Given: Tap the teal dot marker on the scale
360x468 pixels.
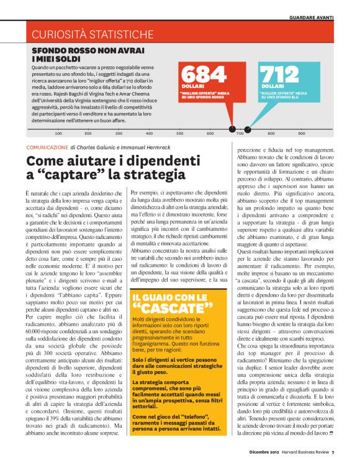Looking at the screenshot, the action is pyautogui.click(x=247, y=130).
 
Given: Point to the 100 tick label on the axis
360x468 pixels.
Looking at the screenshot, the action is pyautogui.click(x=58, y=133).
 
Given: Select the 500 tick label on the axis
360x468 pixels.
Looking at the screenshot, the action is pyautogui.click(x=180, y=133).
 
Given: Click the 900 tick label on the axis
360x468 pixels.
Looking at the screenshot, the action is pyautogui.click(x=302, y=133).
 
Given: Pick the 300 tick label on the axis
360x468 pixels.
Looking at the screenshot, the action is pyautogui.click(x=119, y=133).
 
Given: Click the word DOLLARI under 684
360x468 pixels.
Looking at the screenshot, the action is pyautogui.click(x=193, y=86).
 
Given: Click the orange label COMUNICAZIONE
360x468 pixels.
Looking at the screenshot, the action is pyautogui.click(x=47, y=147).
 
